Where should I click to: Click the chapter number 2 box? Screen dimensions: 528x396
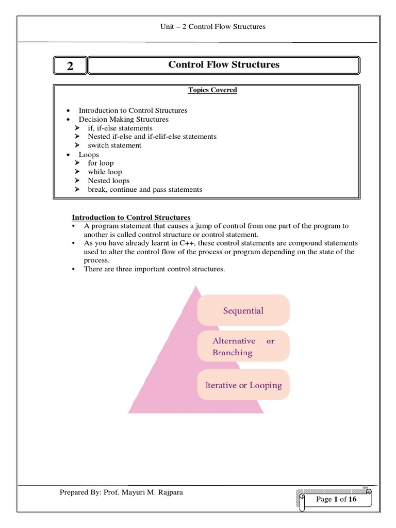70,65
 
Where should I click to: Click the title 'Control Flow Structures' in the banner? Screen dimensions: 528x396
224,64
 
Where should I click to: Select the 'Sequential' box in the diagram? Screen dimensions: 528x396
243,310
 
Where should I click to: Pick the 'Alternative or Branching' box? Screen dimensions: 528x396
243,346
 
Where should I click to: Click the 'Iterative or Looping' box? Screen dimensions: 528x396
243,385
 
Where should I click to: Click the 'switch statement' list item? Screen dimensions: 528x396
114,145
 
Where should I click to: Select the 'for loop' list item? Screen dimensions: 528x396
101,163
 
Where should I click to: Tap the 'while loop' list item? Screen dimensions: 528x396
105,172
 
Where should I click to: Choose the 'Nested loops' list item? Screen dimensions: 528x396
108,180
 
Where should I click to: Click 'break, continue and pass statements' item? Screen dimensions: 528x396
145,189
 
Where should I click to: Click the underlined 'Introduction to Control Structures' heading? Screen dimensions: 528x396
131,218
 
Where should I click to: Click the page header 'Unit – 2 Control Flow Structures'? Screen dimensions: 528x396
213,26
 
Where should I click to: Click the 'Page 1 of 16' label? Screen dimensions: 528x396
336,499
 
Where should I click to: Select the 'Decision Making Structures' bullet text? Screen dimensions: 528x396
123,119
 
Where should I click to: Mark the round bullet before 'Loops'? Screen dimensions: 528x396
68,155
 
